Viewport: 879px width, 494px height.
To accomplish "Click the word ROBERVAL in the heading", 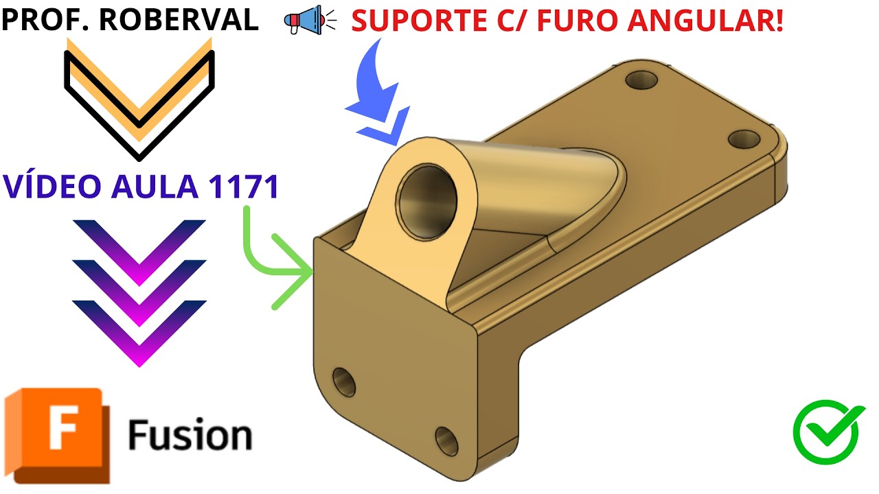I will tap(179, 19).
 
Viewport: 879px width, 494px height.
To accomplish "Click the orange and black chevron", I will tap(139, 96).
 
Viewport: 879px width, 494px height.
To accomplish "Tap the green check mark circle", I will tap(828, 432).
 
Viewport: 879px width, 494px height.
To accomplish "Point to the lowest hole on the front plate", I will tap(446, 437).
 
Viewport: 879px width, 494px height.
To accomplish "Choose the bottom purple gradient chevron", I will tap(139, 329).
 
